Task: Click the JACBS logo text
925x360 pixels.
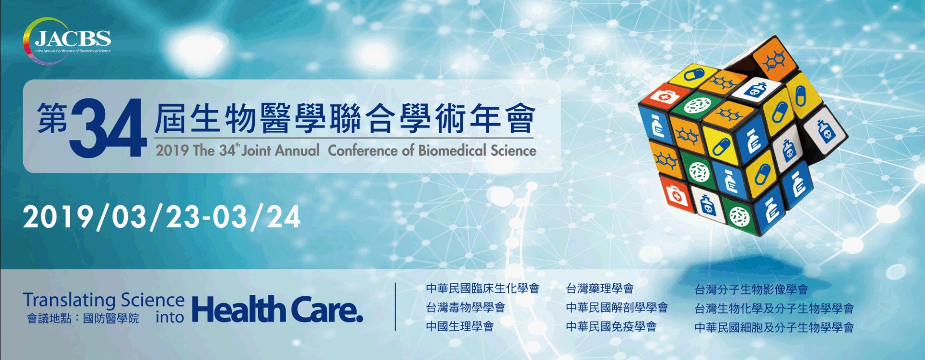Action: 73,38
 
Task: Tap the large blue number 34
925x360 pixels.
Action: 109,128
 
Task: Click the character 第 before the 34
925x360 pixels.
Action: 53,118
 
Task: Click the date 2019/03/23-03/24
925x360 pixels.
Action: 162,217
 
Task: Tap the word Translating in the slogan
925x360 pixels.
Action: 69,301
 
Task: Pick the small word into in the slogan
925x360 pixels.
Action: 170,317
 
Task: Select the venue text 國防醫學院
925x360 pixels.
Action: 111,318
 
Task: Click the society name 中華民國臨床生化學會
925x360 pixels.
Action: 483,289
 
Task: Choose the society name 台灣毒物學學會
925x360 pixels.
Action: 466,307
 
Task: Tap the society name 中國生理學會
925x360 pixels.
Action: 460,326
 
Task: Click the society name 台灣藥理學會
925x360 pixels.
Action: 600,289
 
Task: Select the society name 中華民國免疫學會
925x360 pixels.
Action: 611,326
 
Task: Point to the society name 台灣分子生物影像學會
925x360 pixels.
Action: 751,290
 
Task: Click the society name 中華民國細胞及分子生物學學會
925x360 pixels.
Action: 774,328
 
